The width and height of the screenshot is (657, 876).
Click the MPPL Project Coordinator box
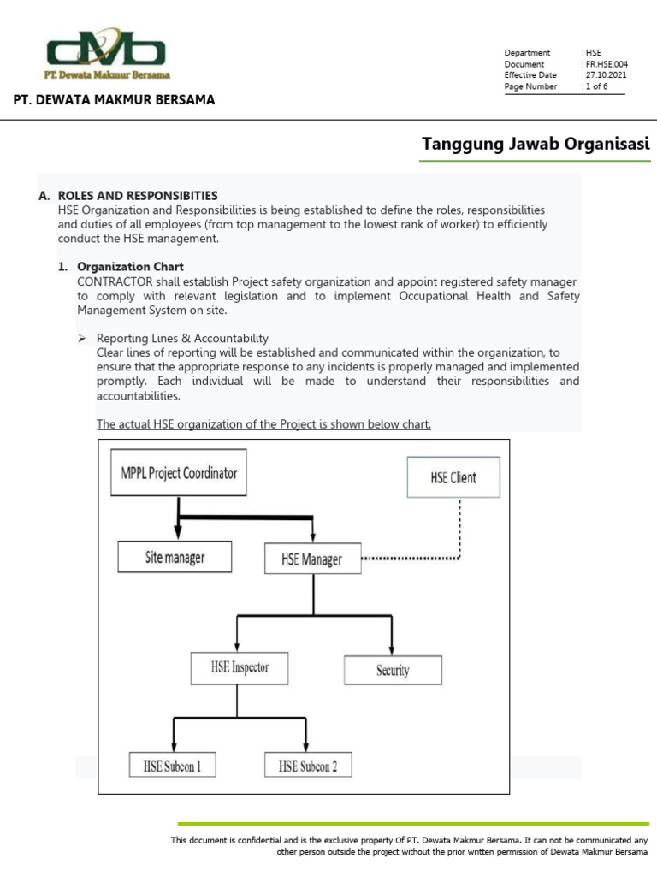click(x=178, y=472)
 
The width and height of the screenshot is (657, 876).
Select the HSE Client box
click(x=453, y=477)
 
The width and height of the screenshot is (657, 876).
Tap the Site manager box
click(x=174, y=558)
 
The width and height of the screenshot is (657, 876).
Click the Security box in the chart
click(x=393, y=670)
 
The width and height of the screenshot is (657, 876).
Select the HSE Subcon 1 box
click(x=172, y=765)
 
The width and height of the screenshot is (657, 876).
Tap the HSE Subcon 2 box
click(x=308, y=765)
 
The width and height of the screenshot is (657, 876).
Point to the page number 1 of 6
click(x=596, y=86)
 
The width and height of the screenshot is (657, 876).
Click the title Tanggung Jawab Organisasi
click(x=536, y=144)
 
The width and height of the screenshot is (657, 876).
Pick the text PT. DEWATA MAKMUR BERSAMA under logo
click(x=114, y=100)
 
